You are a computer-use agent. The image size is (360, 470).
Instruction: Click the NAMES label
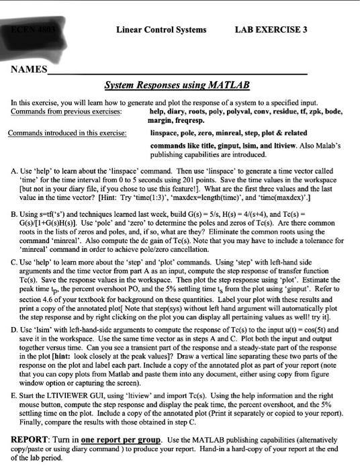pyautogui.click(x=28, y=69)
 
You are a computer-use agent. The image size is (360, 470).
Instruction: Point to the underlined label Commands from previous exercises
pyautogui.click(x=67, y=111)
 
